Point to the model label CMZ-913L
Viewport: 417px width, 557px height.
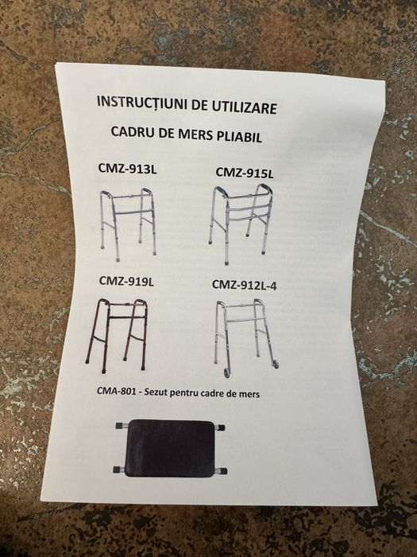127,169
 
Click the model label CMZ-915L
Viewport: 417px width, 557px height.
245,173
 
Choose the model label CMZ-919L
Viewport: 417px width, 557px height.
126,281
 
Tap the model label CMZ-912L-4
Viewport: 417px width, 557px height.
245,285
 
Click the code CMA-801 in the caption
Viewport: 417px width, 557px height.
116,391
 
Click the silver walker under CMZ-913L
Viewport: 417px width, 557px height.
128,224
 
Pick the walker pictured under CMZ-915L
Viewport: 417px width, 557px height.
241,224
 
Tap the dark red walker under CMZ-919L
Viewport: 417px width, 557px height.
116,335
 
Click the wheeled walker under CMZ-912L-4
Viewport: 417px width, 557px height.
246,338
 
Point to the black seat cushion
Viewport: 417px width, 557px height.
170,447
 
